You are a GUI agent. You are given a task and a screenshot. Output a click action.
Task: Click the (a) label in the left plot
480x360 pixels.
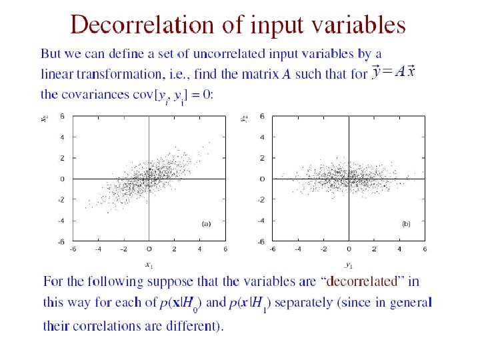[206, 224]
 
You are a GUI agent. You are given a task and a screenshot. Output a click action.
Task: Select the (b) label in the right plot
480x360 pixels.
[406, 224]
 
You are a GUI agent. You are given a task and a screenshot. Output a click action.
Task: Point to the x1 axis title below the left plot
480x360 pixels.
[148, 265]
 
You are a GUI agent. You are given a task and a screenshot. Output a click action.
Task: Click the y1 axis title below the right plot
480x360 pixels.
[349, 265]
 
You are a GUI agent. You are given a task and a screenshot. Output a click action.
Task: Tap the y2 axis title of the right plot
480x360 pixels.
[245, 119]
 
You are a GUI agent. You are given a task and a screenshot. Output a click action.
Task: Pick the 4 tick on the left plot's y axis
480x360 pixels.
[61, 137]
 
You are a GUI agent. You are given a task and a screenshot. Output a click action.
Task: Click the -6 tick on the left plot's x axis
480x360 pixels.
[72, 249]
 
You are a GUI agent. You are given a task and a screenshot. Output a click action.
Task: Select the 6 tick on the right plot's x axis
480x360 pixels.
[425, 249]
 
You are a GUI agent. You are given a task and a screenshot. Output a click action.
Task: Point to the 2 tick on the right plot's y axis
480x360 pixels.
[262, 158]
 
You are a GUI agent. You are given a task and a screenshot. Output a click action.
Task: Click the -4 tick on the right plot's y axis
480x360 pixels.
[261, 221]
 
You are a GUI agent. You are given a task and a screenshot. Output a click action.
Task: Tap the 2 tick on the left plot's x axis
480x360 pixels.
[174, 249]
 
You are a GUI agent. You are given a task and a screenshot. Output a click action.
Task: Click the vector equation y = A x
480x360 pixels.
[394, 71]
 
